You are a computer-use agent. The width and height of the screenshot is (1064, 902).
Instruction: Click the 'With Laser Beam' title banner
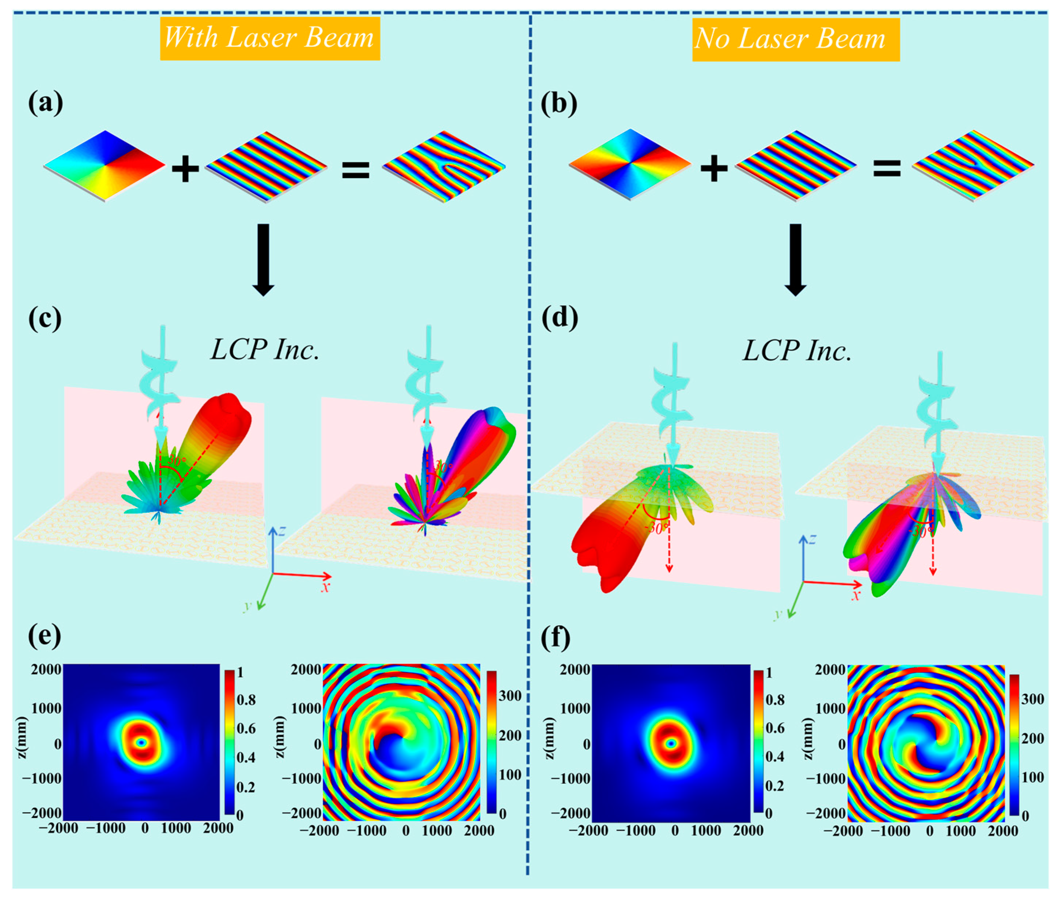coord(270,38)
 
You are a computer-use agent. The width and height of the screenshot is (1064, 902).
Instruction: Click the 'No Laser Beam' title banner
coord(795,39)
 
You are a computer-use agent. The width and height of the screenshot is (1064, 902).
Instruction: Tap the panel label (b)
coord(558,103)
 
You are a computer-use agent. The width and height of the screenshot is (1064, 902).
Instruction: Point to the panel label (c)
coord(45,318)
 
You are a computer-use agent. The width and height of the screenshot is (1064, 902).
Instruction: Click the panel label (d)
coord(559,318)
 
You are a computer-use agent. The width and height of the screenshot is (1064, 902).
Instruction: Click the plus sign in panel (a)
coord(185,168)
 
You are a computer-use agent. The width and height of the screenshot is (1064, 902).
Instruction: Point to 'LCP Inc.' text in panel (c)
coord(265,350)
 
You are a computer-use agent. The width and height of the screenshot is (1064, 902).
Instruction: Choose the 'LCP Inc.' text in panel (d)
coord(797,351)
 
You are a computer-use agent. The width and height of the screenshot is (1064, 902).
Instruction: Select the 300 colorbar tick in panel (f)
coord(1032,699)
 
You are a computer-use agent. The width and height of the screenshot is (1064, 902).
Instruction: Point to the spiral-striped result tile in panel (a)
coord(444,167)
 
